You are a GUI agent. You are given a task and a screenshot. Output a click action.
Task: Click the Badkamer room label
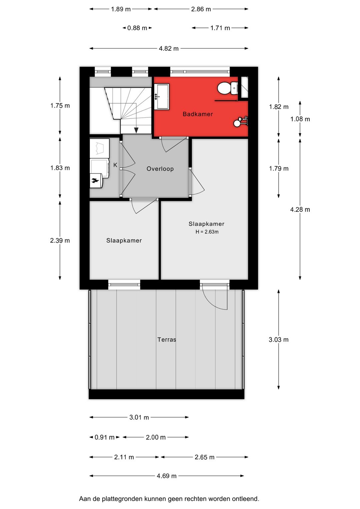pyautogui.click(x=198, y=114)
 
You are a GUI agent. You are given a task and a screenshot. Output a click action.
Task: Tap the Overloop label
pyautogui.click(x=160, y=168)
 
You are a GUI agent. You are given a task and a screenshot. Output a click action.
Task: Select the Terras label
pyautogui.click(x=167, y=340)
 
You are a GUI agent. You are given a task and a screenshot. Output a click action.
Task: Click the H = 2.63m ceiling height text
pyautogui.click(x=207, y=232)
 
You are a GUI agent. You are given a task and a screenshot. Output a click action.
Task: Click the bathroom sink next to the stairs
pyautogui.click(x=162, y=97)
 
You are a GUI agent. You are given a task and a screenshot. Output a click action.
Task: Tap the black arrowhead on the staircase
pyautogui.click(x=136, y=130)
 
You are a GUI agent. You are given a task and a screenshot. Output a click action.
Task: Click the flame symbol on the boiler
pyautogui.click(x=94, y=181)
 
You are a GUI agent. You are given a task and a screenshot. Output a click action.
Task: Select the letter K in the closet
pyautogui.click(x=115, y=165)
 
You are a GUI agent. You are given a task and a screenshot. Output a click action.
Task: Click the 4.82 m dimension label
pyautogui.click(x=169, y=48)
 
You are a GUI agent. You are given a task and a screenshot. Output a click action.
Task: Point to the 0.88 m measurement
pyautogui.click(x=137, y=28)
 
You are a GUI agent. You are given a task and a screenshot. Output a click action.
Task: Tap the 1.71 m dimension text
pyautogui.click(x=220, y=28)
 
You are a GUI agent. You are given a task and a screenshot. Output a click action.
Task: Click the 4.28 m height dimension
pyautogui.click(x=300, y=209)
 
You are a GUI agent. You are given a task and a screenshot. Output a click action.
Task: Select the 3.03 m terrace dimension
pyautogui.click(x=278, y=340)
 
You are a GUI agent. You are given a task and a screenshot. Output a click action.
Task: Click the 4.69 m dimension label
pyautogui.click(x=166, y=476)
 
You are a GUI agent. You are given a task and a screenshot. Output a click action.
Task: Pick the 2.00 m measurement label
pyautogui.click(x=156, y=437)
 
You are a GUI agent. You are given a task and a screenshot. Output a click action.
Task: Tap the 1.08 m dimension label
pyautogui.click(x=300, y=119)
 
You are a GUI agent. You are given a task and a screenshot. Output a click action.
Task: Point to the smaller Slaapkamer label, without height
pyautogui.click(x=124, y=240)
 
